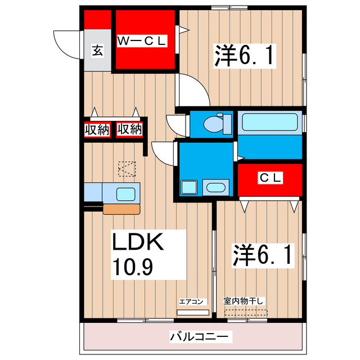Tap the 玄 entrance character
pyautogui.click(x=97, y=51)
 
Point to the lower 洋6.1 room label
pyautogui.click(x=262, y=256)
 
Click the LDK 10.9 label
pyautogui.click(x=138, y=253)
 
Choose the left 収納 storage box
pyautogui.click(x=97, y=129)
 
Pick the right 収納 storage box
pyautogui.click(x=129, y=129)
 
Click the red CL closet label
pyautogui.click(x=270, y=178)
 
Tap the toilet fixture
pyautogui.click(x=214, y=123)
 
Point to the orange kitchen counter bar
pyautogui.click(x=121, y=209)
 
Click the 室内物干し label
pyautogui.click(x=244, y=300)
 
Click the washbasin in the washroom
pyautogui.click(x=215, y=188)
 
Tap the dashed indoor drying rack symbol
pyautogui.click(x=244, y=312)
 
